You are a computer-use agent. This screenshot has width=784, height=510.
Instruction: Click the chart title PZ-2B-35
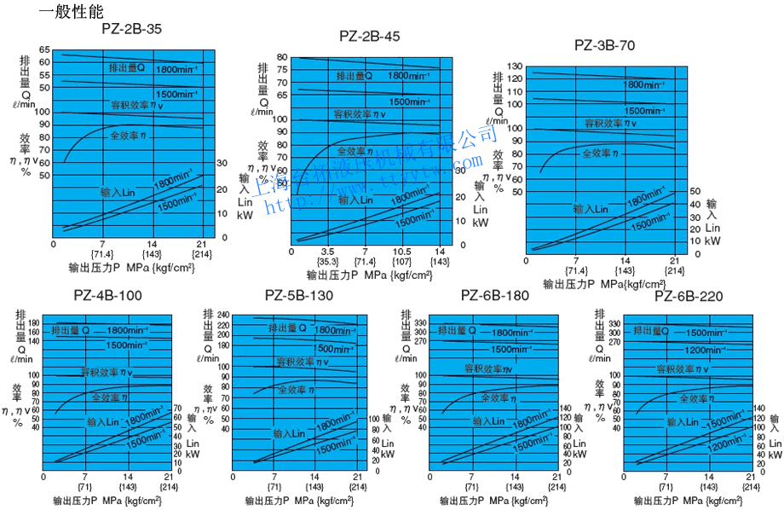(x=131, y=28)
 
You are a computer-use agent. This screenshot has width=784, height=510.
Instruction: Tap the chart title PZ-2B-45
(x=369, y=36)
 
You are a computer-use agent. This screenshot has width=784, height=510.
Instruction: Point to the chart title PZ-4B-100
(x=108, y=296)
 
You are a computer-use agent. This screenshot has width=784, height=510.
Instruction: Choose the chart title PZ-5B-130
(x=299, y=296)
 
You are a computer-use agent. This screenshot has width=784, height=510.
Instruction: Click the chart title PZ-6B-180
(x=495, y=296)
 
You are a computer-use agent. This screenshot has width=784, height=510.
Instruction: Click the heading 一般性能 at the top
(x=71, y=11)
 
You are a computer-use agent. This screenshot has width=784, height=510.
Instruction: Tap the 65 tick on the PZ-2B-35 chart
(x=44, y=50)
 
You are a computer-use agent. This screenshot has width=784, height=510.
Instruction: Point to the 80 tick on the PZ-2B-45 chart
(x=281, y=58)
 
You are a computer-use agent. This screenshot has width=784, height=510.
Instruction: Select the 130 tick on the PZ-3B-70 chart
(x=515, y=67)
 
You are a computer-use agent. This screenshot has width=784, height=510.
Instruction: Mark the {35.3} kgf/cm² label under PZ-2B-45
(x=327, y=263)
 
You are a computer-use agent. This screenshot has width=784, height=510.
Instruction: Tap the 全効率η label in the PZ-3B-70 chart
(x=600, y=152)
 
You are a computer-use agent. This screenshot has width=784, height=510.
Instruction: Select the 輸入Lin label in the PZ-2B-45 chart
(x=355, y=200)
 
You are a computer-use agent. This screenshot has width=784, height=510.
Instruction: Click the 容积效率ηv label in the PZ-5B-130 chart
(x=299, y=362)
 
